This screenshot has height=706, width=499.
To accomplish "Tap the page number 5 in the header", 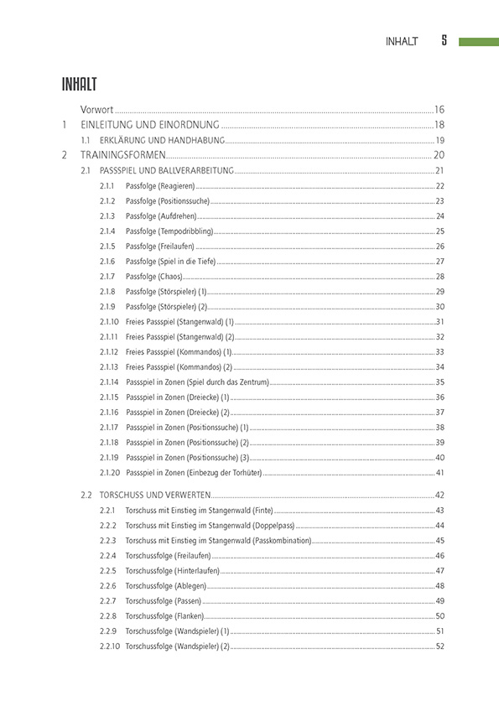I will click(x=444, y=41).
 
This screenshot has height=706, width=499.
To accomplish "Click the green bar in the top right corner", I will click(x=478, y=41).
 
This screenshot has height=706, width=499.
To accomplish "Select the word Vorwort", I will click(x=96, y=110).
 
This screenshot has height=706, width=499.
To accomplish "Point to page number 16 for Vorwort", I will click(x=439, y=110).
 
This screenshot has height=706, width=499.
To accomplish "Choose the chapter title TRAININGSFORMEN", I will click(x=123, y=155).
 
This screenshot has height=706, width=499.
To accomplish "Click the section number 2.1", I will click(x=86, y=171).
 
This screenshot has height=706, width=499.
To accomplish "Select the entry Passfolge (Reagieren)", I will click(x=159, y=186).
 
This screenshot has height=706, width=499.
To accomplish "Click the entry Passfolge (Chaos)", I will click(x=153, y=277).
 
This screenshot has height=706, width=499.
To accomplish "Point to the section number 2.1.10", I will click(x=109, y=322).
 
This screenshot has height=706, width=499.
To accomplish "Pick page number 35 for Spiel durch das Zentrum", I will click(x=439, y=382).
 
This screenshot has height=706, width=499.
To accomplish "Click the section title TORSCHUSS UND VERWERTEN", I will click(x=159, y=496).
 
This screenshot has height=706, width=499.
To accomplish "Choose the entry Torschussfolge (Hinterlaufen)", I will click(x=172, y=571).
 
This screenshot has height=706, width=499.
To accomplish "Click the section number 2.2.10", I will click(x=109, y=646).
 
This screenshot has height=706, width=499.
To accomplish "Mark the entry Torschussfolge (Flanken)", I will click(x=164, y=616).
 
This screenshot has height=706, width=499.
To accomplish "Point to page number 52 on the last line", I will click(x=439, y=646).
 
